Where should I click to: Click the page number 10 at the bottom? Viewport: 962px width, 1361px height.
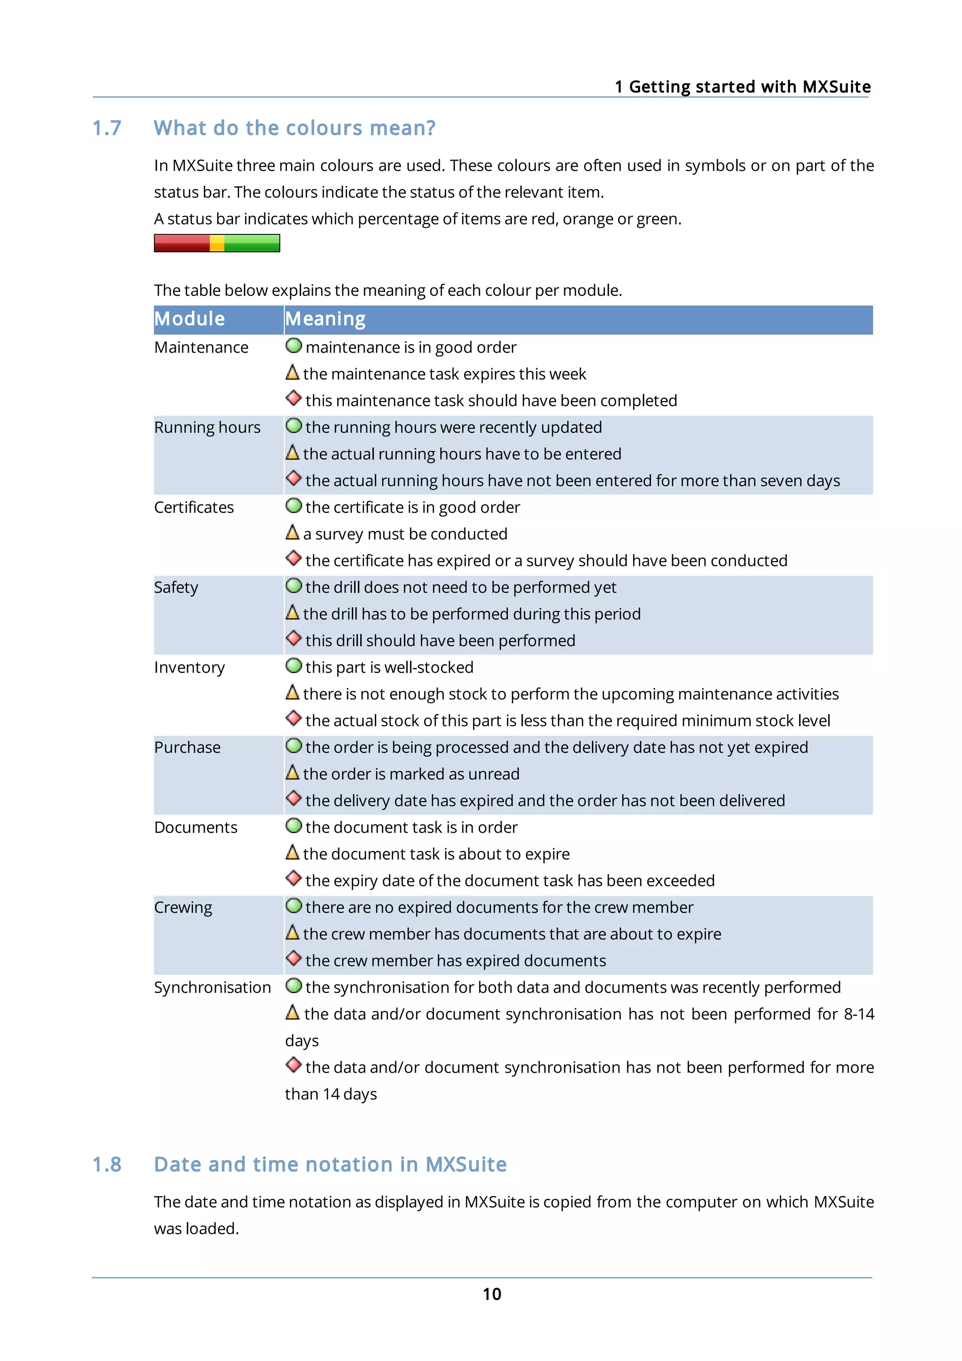[x=491, y=1293]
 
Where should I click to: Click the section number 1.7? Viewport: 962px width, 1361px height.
[x=107, y=128]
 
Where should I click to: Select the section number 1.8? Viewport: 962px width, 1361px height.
[x=107, y=1164]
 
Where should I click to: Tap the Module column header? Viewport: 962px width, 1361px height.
[x=190, y=319]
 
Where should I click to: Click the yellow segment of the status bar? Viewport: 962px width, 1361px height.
[x=217, y=243]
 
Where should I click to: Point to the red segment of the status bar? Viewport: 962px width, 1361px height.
[x=181, y=243]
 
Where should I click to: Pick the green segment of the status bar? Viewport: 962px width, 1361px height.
[x=252, y=243]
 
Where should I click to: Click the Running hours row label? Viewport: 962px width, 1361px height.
[x=207, y=427]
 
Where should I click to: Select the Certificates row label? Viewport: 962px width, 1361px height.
[x=194, y=507]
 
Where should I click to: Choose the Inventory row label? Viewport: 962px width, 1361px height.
[x=189, y=667]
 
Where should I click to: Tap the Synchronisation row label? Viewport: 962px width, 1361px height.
[x=212, y=988]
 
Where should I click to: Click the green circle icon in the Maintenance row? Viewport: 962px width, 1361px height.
[x=294, y=346]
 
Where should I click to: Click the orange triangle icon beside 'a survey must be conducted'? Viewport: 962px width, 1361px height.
[x=292, y=532]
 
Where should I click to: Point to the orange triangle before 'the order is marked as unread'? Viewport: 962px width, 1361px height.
[x=292, y=773]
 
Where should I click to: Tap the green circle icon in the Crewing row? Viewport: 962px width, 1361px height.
[x=294, y=906]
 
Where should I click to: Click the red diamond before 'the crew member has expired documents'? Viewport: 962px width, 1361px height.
[x=294, y=959]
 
